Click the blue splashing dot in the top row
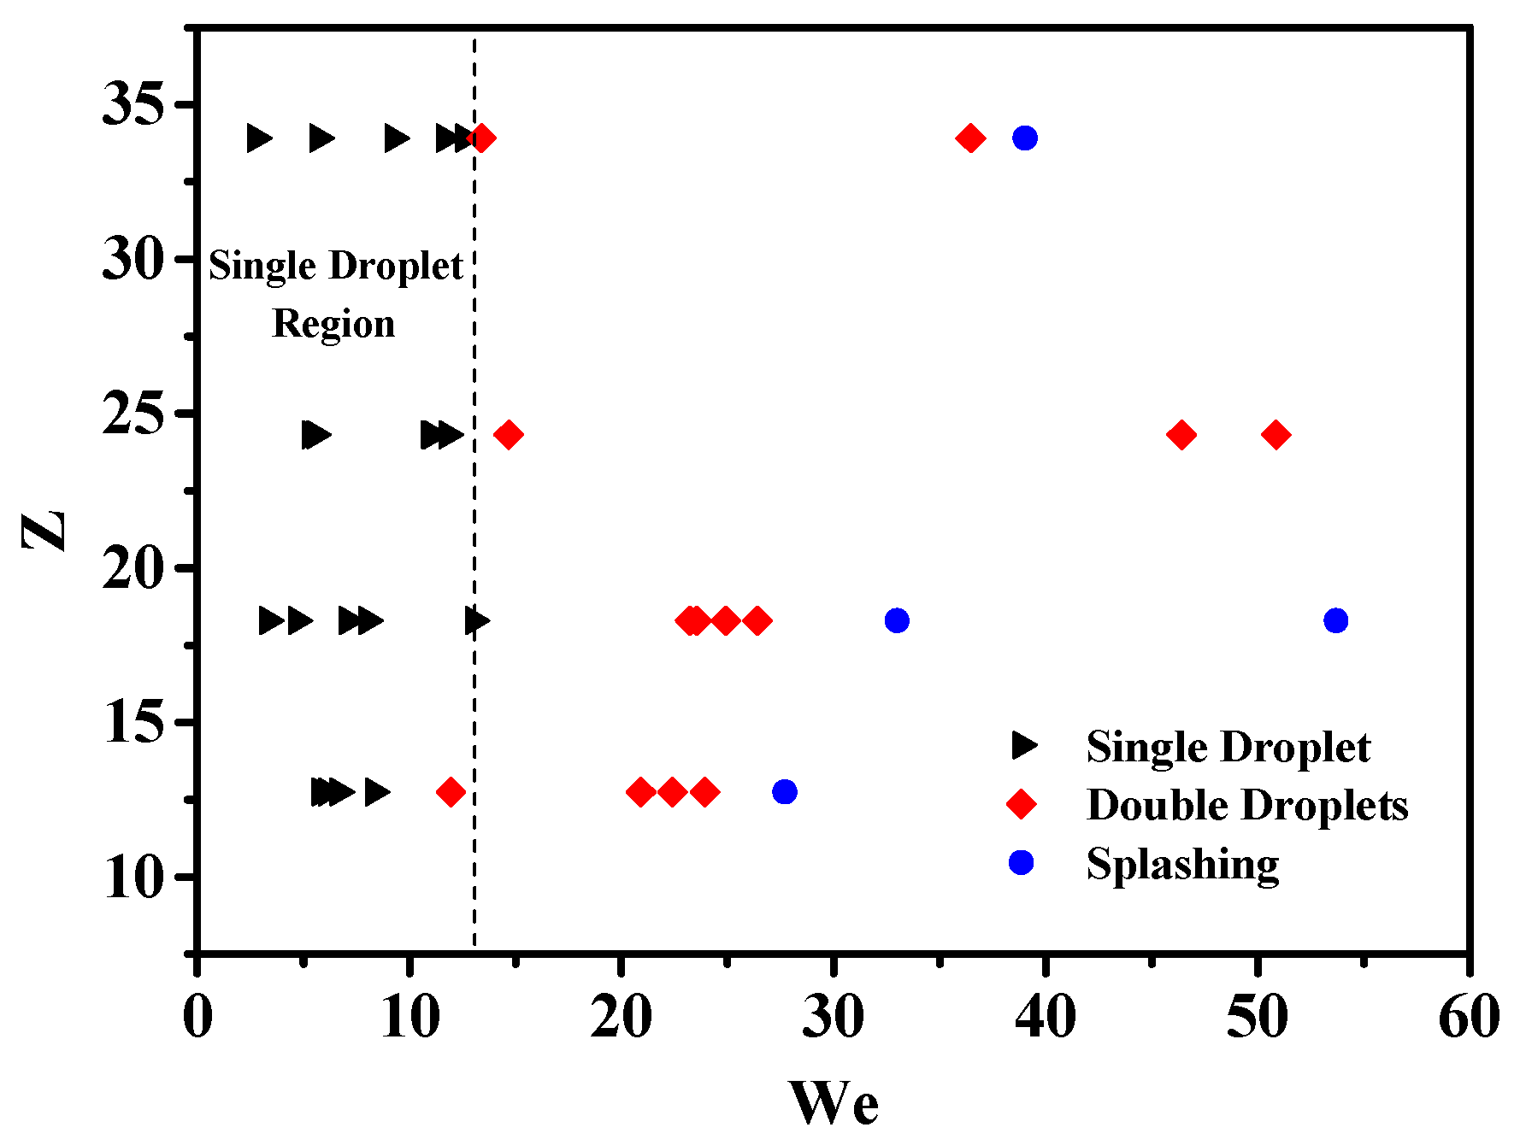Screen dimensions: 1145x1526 (x=1024, y=138)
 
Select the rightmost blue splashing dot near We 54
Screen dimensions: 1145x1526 (x=1335, y=620)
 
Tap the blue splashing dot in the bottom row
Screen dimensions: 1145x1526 (x=784, y=791)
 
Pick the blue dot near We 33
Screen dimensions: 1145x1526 (x=896, y=620)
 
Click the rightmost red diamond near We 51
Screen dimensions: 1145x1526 (x=1276, y=435)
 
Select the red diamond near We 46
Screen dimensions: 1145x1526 (x=1181, y=435)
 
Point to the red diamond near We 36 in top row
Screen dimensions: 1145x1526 (x=970, y=138)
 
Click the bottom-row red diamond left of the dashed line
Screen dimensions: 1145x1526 (x=451, y=792)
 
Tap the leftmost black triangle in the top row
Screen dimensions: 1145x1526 (x=258, y=138)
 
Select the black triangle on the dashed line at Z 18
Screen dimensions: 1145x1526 (x=476, y=620)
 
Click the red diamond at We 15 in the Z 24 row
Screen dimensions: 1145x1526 (x=509, y=435)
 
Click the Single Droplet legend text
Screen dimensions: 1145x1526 (x=1228, y=747)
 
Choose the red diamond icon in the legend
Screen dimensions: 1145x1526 (x=1021, y=804)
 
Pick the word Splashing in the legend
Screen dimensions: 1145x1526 (x=1182, y=864)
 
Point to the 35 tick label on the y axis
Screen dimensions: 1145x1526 (x=133, y=106)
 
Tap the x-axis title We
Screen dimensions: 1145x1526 (x=833, y=1103)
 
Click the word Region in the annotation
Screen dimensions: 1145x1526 (x=333, y=324)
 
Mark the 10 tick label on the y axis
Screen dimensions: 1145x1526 (x=133, y=878)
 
